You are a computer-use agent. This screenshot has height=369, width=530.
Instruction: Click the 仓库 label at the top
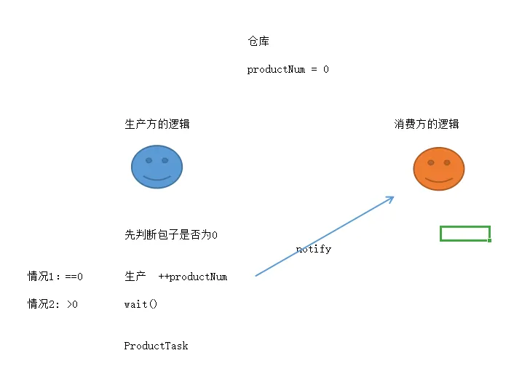[x=258, y=41]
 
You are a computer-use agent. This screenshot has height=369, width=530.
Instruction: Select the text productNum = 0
[x=288, y=69]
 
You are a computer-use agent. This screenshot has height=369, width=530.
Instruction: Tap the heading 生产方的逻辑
[x=157, y=124]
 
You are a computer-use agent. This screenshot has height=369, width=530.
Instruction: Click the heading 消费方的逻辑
[x=427, y=124]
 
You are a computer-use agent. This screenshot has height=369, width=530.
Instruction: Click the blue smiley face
[x=157, y=167]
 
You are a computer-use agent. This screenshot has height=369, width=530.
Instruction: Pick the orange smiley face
[x=439, y=169]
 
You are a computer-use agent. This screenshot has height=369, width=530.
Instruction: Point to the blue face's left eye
[x=149, y=161]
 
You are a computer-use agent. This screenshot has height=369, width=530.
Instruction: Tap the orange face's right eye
[x=447, y=162]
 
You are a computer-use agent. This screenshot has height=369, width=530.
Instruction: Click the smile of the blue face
[x=157, y=178]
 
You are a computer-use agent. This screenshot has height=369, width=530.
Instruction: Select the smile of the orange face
[x=439, y=180]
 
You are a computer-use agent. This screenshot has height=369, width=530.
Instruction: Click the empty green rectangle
[x=465, y=226]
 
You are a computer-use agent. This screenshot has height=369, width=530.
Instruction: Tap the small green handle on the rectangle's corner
[x=489, y=240]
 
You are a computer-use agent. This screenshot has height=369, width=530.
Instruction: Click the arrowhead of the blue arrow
[x=392, y=198]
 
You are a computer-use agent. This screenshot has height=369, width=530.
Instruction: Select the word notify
[x=314, y=249]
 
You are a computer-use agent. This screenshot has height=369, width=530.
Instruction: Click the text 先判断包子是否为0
[x=171, y=234]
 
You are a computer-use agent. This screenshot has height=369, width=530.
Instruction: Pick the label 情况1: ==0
[x=55, y=277]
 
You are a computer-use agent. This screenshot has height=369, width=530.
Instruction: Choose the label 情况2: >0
[x=52, y=304]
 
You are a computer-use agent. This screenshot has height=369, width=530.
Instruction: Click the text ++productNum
[x=193, y=277]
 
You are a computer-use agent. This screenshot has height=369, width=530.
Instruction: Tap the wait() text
[x=141, y=304]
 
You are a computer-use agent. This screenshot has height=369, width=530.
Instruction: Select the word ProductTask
[x=156, y=346]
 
